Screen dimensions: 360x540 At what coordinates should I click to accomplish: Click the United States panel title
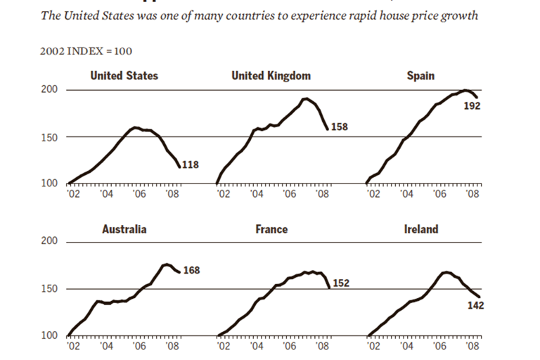tap(124, 76)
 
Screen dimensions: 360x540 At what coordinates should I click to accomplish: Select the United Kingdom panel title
tap(271, 76)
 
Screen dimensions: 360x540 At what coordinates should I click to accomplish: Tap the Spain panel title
tap(420, 76)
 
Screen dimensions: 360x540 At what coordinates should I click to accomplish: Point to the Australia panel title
tap(124, 229)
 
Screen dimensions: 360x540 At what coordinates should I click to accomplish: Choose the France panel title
tap(271, 229)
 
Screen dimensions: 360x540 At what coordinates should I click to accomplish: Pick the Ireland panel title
tap(421, 229)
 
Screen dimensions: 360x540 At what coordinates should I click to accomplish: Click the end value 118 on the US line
tap(190, 165)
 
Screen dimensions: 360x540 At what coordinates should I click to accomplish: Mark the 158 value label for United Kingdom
tap(340, 127)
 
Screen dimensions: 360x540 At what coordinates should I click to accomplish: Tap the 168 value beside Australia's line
tap(191, 269)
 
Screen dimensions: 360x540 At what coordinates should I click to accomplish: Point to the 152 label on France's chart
tap(341, 283)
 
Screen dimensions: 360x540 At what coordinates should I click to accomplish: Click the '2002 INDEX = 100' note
tap(87, 51)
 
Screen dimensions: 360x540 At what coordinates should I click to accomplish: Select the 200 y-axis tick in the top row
tap(52, 90)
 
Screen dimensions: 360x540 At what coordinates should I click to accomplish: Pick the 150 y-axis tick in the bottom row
tap(52, 289)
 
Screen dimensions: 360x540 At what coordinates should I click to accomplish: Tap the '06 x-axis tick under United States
tap(139, 194)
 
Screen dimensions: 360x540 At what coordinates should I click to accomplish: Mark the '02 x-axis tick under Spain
tap(373, 194)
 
